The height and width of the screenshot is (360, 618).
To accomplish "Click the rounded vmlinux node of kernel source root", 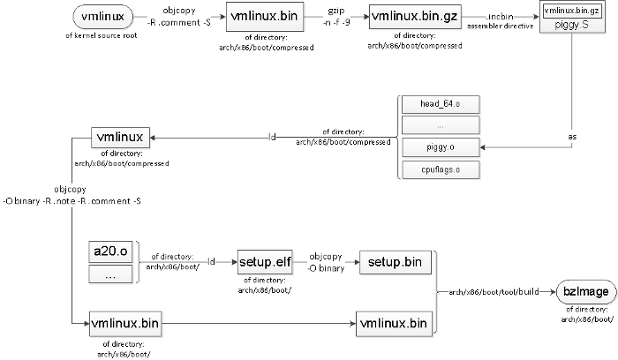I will tap(102, 17).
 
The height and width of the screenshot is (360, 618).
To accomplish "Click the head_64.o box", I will tap(441, 103).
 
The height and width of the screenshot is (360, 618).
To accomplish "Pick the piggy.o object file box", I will tap(441, 146).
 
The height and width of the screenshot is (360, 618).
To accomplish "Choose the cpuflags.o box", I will tap(441, 169).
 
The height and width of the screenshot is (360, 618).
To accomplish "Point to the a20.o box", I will tap(110, 251).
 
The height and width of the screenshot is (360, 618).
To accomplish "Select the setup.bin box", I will tap(394, 262).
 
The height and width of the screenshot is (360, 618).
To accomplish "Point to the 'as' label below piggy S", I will tap(571, 138).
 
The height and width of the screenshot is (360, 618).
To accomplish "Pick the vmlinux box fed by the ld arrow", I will tap(122, 138).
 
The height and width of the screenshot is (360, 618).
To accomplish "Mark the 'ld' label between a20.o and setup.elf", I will tap(211, 262).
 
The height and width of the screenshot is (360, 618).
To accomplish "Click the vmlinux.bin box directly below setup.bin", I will tap(394, 323).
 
